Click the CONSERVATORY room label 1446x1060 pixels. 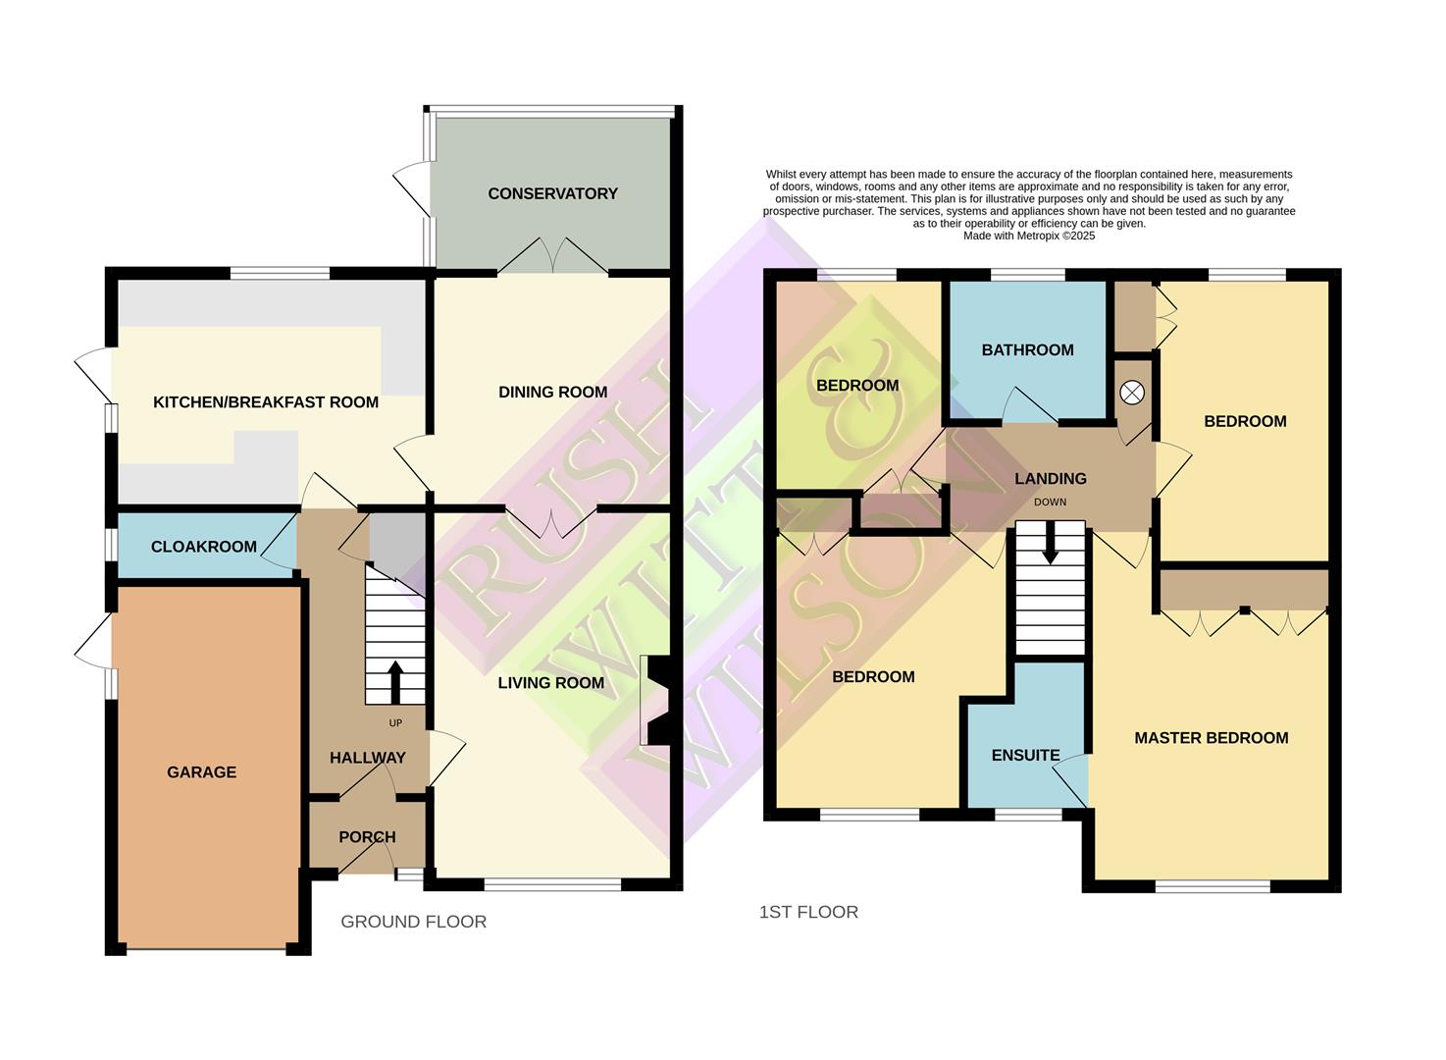[552, 193]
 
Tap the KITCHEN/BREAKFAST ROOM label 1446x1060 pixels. [265, 401]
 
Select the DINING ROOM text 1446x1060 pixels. [552, 392]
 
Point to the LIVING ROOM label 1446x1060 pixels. [550, 682]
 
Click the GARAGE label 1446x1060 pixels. [201, 771]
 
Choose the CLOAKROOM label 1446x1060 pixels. [203, 547]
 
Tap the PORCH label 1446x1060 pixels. [367, 836]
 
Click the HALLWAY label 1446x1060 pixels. [367, 758]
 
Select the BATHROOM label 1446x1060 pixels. [1027, 349]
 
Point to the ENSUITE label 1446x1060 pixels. [1025, 755]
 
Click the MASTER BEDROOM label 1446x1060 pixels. [1211, 737]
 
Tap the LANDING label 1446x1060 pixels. [1050, 478]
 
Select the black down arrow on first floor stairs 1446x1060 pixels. [1050, 544]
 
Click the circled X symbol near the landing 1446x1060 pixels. [1132, 393]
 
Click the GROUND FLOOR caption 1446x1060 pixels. [413, 922]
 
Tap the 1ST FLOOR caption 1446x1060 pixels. [808, 912]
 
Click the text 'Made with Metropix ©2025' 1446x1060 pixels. [1029, 236]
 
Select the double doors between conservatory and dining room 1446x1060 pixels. [552, 257]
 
